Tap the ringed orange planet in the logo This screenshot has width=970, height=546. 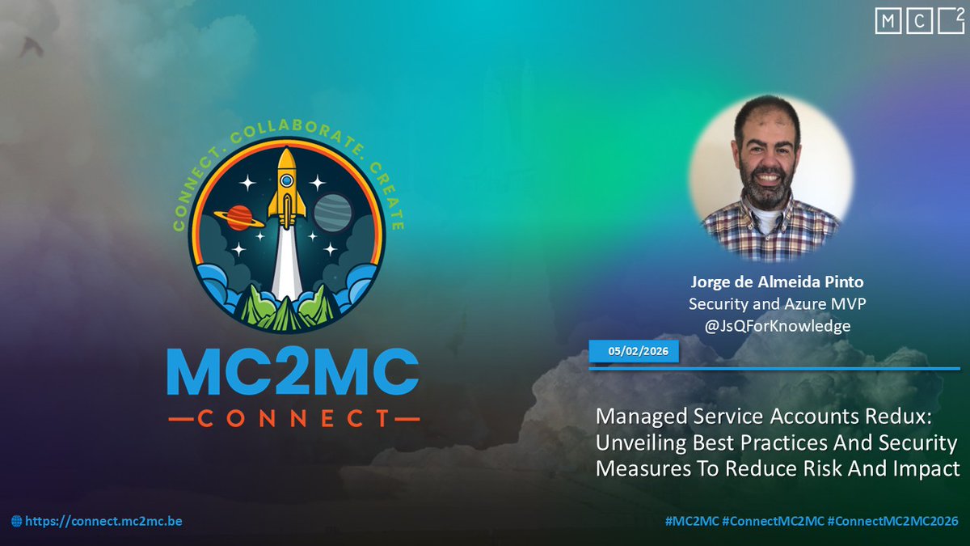click(239, 216)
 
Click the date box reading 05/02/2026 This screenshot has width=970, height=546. click(634, 352)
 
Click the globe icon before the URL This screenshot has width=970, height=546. click(17, 522)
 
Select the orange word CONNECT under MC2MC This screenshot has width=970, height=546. click(293, 419)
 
